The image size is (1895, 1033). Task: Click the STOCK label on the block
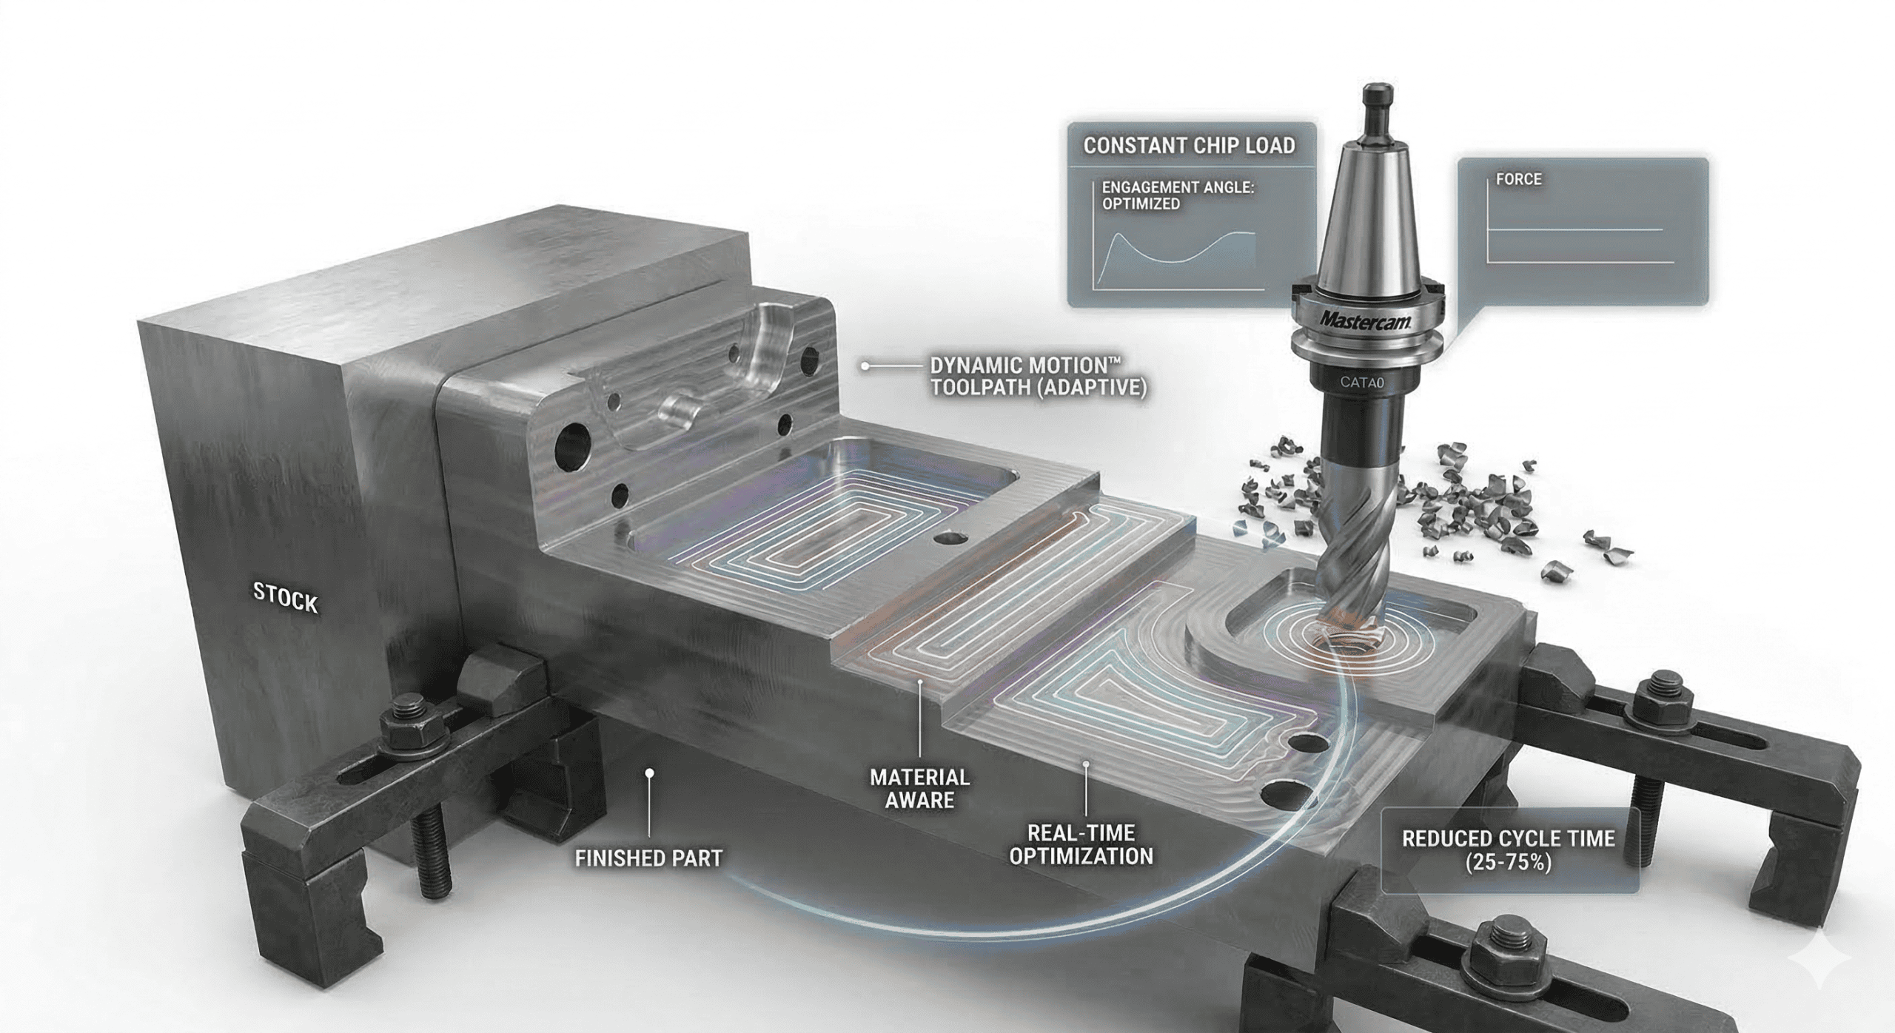tap(285, 597)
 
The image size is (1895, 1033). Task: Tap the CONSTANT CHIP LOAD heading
tap(1189, 146)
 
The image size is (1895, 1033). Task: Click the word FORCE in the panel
tap(1518, 179)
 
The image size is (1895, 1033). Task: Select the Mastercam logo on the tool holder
tap(1366, 321)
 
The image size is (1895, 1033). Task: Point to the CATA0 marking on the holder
tap(1361, 383)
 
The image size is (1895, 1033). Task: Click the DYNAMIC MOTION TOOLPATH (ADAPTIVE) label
tap(1037, 377)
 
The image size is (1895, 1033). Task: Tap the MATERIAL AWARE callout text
tap(919, 788)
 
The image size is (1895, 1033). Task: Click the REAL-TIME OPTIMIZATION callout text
tap(1081, 844)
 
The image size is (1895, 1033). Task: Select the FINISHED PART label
tap(648, 858)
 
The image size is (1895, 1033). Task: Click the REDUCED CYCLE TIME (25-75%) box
tap(1508, 850)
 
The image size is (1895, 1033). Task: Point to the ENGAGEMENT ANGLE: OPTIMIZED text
tap(1177, 195)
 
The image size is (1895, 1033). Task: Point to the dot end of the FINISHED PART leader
tap(649, 773)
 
